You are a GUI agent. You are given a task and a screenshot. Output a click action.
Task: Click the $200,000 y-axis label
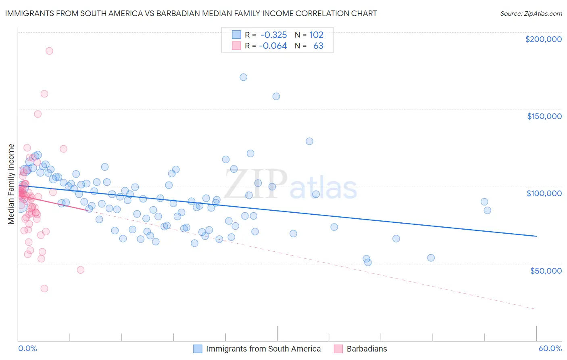click(x=543, y=39)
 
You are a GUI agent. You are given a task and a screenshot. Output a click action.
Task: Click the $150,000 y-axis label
click(x=544, y=116)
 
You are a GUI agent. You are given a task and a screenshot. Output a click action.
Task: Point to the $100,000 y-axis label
click(x=544, y=193)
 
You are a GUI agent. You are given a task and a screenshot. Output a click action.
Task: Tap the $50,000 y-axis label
click(x=546, y=270)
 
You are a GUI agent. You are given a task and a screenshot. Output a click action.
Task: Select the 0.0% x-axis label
click(x=27, y=348)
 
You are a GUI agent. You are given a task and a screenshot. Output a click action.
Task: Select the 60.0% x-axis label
click(x=550, y=348)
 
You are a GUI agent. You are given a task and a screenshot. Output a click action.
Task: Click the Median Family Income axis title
click(x=11, y=184)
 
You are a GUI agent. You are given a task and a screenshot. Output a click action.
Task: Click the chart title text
click(x=191, y=13)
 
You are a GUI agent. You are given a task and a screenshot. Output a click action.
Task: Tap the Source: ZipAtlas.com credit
click(x=531, y=14)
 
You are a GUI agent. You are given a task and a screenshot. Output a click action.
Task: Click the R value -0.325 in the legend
click(x=273, y=35)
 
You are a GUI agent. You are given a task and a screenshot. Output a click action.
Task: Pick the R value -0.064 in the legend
click(x=273, y=46)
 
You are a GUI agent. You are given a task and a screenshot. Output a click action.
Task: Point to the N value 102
click(x=316, y=35)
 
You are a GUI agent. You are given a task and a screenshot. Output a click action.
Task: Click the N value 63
click(x=318, y=46)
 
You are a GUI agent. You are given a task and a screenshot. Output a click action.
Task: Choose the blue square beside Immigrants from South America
click(x=198, y=349)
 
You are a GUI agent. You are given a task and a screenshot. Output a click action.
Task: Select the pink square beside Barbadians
click(x=338, y=349)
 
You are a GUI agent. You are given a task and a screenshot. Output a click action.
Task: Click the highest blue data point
click(x=243, y=77)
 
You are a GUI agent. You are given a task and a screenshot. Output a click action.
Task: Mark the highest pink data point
click(x=49, y=51)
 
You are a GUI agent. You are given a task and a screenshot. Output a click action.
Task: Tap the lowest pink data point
click(x=44, y=289)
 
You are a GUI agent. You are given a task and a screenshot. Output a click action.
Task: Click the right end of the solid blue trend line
click(x=536, y=236)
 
